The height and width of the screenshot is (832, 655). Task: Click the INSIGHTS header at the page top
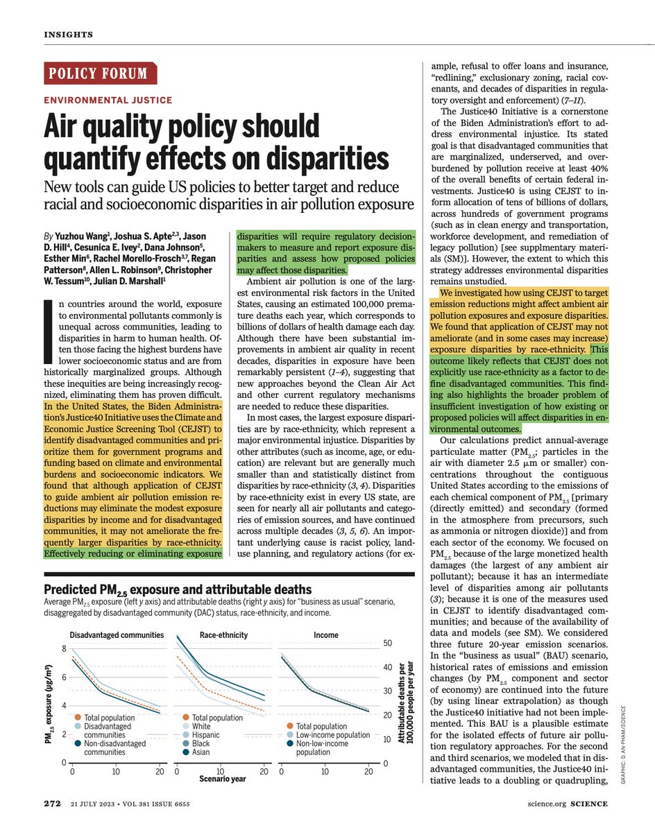click(68, 35)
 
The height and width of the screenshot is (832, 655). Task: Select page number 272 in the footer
click(53, 804)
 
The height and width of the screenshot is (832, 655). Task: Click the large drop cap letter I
click(48, 332)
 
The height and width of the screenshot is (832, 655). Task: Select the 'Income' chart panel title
click(326, 635)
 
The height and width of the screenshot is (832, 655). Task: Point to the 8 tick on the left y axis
click(64, 649)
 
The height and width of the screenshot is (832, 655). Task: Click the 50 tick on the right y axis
click(390, 643)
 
